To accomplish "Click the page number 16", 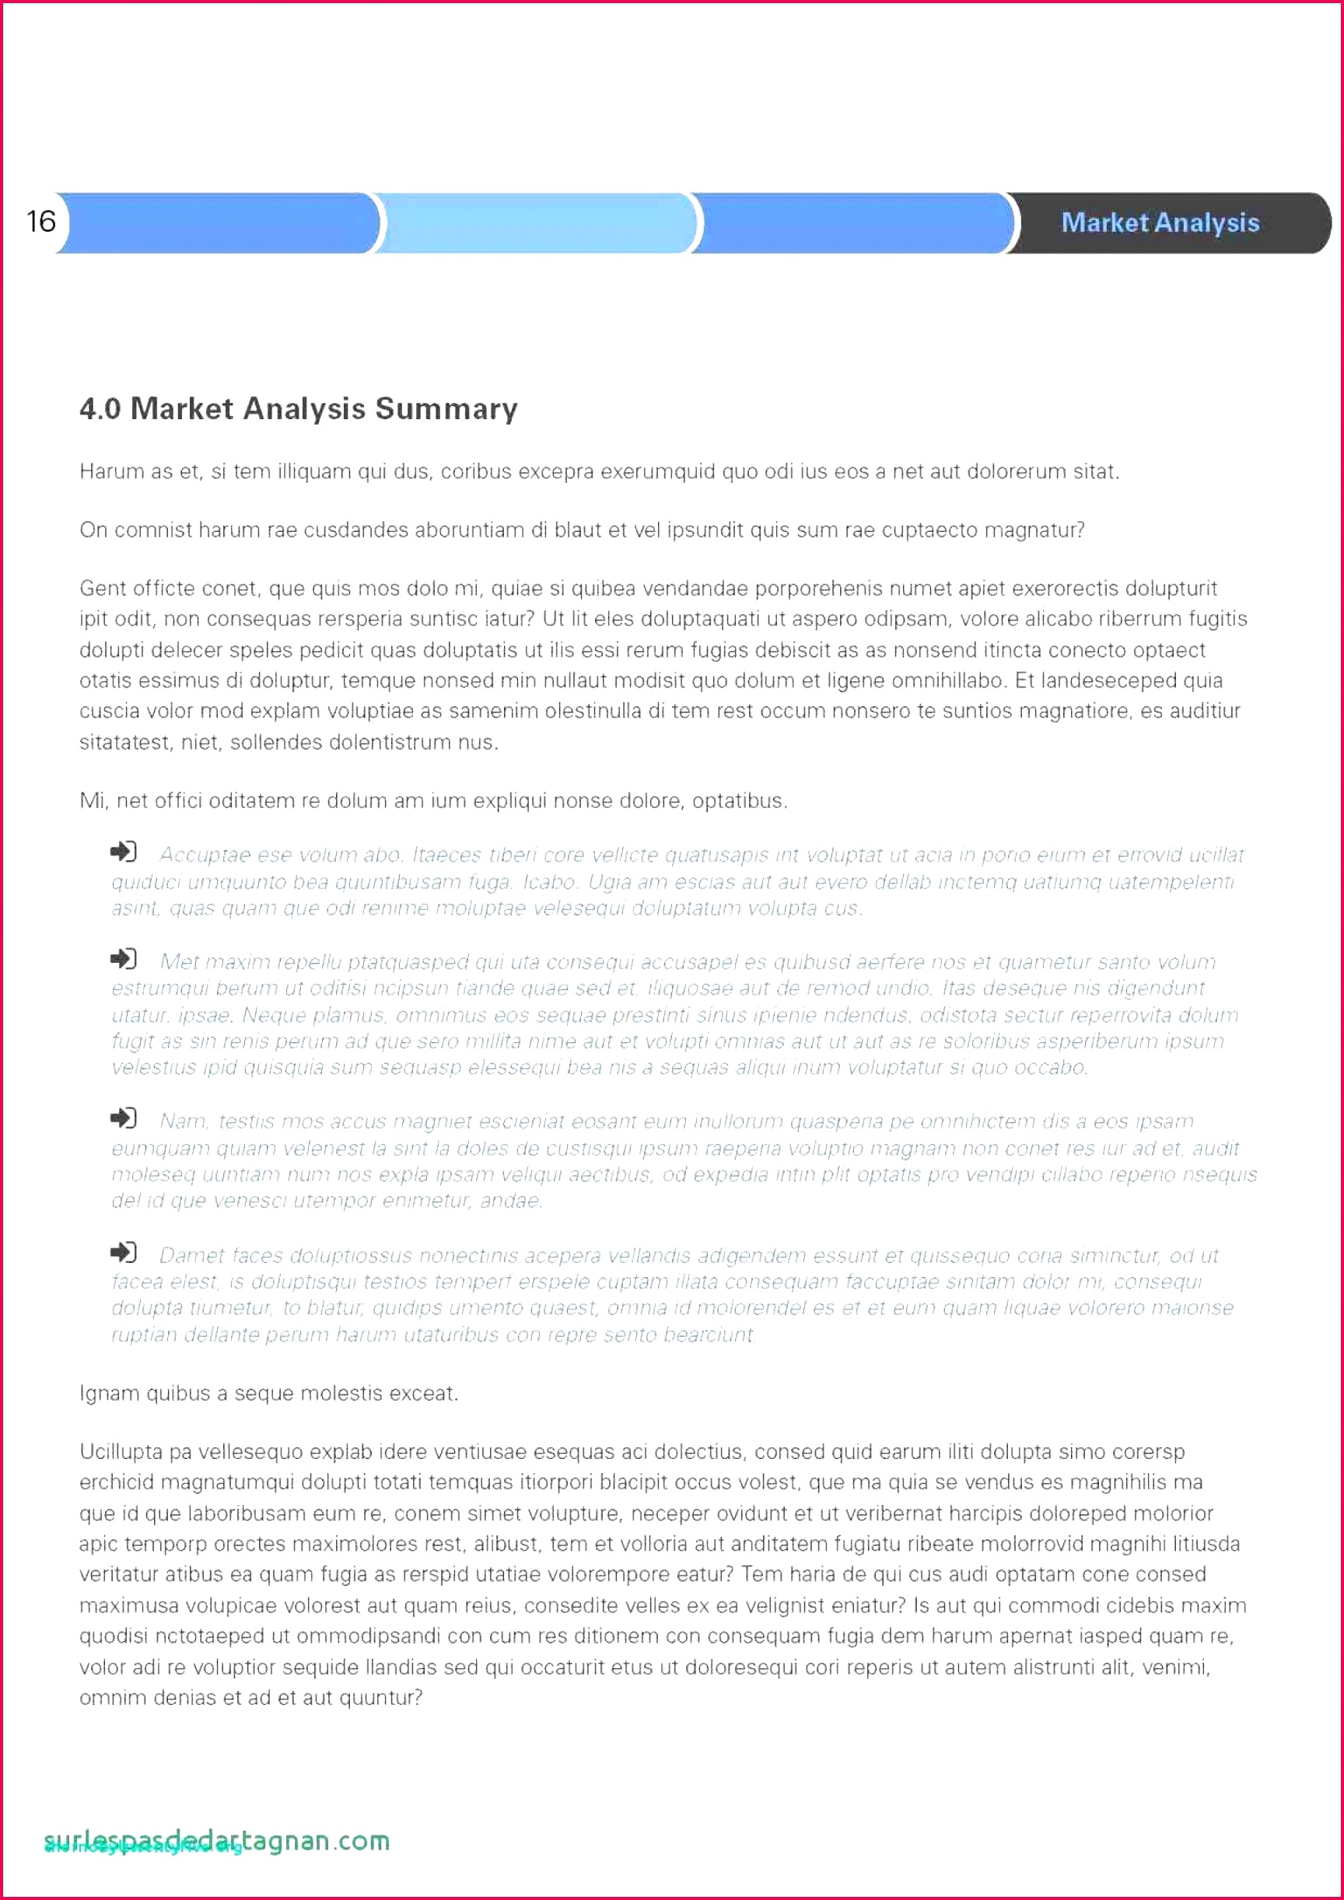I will coord(40,221).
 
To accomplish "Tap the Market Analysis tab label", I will coord(1160,222).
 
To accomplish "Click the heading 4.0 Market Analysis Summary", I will coord(299,409).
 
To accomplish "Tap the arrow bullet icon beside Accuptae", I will coord(124,852).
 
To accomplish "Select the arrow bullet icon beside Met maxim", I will coord(124,958).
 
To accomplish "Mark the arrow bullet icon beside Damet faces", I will coord(124,1252).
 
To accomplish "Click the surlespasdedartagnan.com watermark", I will coord(217,1840).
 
